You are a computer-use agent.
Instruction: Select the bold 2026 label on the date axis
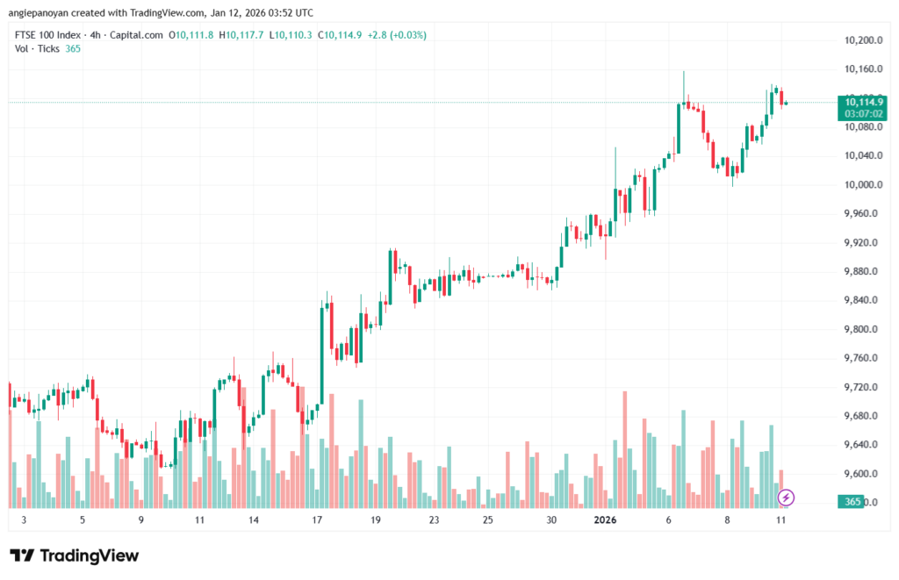[606, 520]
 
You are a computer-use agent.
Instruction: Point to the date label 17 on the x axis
[317, 520]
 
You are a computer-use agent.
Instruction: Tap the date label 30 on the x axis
[551, 520]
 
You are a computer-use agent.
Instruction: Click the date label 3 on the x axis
[24, 520]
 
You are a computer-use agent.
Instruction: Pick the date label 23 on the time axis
[434, 520]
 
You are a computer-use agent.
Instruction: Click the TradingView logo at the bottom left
[75, 555]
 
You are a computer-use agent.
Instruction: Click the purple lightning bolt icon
[787, 498]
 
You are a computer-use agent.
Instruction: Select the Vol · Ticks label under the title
[38, 48]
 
